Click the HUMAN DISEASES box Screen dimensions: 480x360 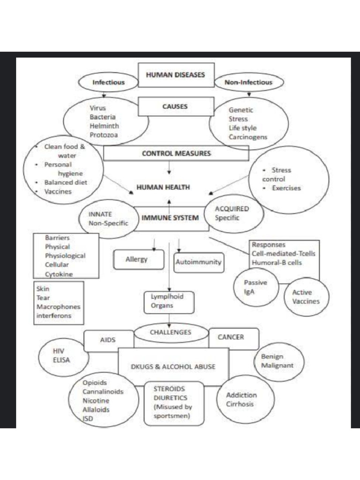coord(176,75)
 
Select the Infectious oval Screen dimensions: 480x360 coord(108,82)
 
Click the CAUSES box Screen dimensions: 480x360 coord(175,107)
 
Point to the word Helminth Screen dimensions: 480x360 coord(104,126)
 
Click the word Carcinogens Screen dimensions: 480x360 coord(248,137)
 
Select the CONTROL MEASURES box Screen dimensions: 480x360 coord(176,153)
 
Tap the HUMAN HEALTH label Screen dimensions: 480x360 coord(163,187)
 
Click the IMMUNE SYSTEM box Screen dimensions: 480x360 coord(171,218)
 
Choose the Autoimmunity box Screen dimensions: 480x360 coord(198,262)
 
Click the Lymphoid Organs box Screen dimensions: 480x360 coord(168,301)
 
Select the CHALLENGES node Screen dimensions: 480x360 coord(170,332)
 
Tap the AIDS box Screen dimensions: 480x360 coord(108,340)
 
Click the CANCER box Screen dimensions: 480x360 coord(231,337)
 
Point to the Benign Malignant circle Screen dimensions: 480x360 coord(278,360)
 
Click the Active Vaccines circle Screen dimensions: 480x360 coord(306,297)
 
